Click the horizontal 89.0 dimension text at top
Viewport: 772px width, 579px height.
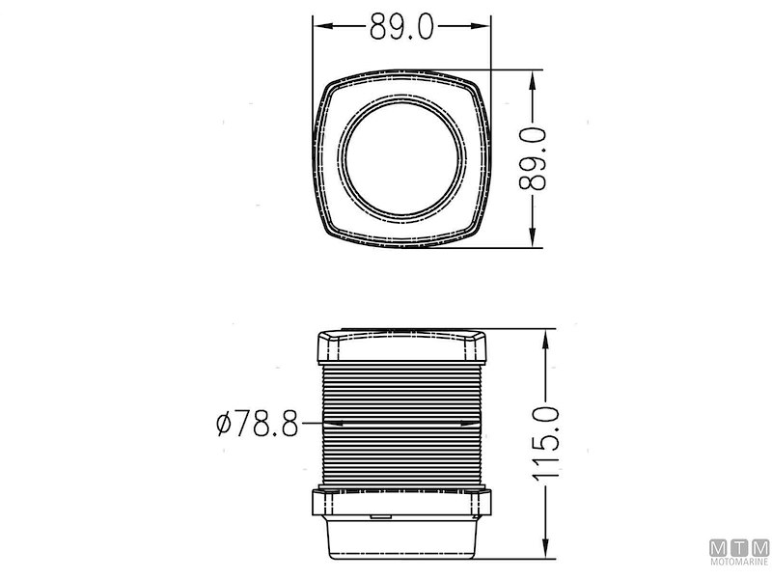click(402, 27)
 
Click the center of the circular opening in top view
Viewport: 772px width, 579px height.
click(402, 158)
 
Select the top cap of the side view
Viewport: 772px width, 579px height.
click(402, 345)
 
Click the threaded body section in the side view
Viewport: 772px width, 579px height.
click(402, 425)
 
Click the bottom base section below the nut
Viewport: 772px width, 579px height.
click(402, 537)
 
